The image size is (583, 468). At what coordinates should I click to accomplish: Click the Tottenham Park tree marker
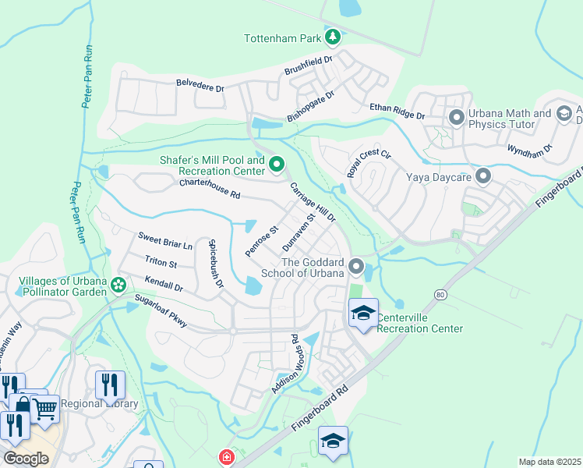333,37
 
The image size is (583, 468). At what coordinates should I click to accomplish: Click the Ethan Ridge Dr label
397,111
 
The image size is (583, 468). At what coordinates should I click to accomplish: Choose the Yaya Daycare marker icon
483,176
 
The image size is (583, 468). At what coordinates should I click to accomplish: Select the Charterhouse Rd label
209,189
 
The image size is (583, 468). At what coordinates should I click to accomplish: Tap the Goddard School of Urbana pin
356,268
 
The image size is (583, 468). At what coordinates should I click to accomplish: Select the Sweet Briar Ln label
164,239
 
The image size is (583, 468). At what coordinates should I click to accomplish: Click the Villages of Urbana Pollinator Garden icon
118,285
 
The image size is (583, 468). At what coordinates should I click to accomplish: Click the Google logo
26,459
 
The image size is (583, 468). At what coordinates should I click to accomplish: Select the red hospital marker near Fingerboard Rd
226,457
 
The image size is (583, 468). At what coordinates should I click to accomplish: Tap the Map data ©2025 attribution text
549,462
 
